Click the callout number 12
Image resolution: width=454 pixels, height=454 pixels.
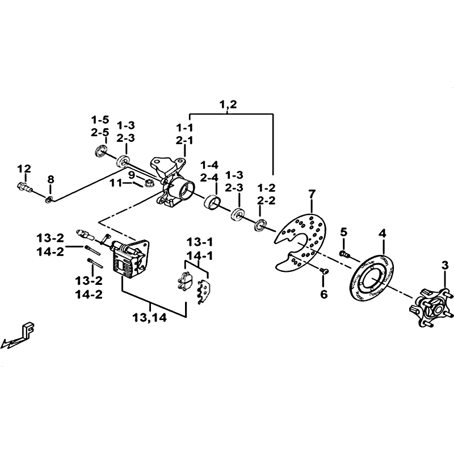coord(24,169)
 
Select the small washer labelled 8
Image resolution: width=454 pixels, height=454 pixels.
coord(49,200)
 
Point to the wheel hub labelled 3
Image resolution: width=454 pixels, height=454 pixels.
coord(432,308)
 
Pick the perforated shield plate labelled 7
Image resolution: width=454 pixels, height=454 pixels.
coord(301,243)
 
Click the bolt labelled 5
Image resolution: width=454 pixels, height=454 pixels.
coord(344,254)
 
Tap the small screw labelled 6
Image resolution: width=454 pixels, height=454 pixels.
coord(324,271)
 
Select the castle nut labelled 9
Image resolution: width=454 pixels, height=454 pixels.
coord(149,183)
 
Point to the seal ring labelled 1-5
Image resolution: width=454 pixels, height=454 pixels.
coord(101,152)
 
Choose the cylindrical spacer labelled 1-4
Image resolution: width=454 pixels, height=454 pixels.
coord(212,201)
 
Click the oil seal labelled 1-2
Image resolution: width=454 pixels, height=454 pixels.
coord(260,225)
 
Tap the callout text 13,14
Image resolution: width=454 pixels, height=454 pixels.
coord(149,318)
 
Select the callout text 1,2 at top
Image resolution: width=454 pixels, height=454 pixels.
coord(228,104)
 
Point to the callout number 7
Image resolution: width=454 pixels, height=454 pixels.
coord(312,195)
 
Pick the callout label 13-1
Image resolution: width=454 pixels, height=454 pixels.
coord(200,242)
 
